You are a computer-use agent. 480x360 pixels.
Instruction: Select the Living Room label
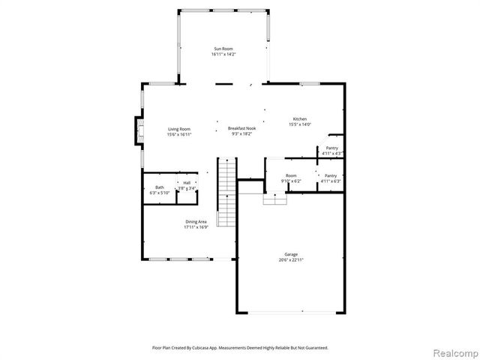[179, 129]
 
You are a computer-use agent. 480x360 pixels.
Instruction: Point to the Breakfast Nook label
[241, 129]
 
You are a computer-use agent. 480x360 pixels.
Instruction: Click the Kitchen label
[300, 119]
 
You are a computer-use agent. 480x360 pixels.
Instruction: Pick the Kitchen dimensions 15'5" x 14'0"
[300, 124]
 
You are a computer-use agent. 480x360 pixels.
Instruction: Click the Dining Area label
[196, 221]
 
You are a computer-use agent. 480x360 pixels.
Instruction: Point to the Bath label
[159, 187]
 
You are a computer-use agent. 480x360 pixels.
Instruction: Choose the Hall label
[186, 182]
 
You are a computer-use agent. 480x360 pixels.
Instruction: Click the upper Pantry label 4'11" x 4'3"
[331, 148]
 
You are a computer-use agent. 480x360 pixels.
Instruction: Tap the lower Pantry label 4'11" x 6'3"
[331, 176]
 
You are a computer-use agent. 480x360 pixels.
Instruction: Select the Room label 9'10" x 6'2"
[290, 176]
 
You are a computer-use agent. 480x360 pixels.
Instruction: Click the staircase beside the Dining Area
[227, 193]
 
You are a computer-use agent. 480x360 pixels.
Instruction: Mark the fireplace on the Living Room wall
[138, 130]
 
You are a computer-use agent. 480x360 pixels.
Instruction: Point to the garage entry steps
[274, 199]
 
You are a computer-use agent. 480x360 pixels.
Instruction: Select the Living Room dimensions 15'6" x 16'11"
[179, 134]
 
